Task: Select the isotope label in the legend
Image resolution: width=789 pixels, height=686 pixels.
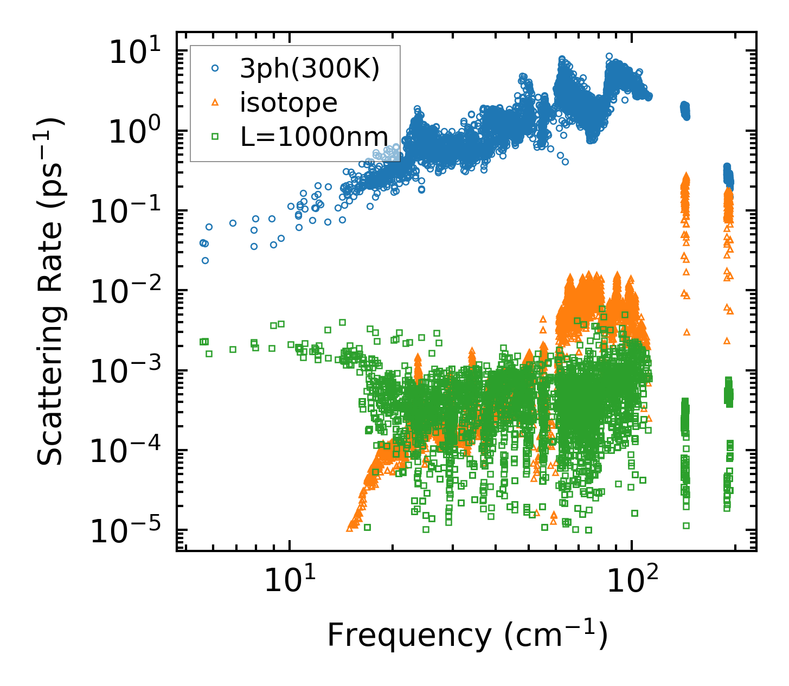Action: (x=288, y=102)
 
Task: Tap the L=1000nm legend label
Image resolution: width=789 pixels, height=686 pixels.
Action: (x=314, y=137)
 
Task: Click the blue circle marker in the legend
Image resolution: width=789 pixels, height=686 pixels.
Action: (x=215, y=68)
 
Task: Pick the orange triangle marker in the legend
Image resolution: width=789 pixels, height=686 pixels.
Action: (x=215, y=102)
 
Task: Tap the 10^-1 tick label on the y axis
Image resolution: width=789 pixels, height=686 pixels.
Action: (x=130, y=212)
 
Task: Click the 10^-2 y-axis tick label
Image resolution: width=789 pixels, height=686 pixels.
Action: (x=130, y=292)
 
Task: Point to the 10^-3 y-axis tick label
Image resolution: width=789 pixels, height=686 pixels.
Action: (x=130, y=372)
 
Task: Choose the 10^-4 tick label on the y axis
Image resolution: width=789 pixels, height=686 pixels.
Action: (x=130, y=452)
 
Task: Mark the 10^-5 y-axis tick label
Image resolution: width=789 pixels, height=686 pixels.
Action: (x=130, y=531)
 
